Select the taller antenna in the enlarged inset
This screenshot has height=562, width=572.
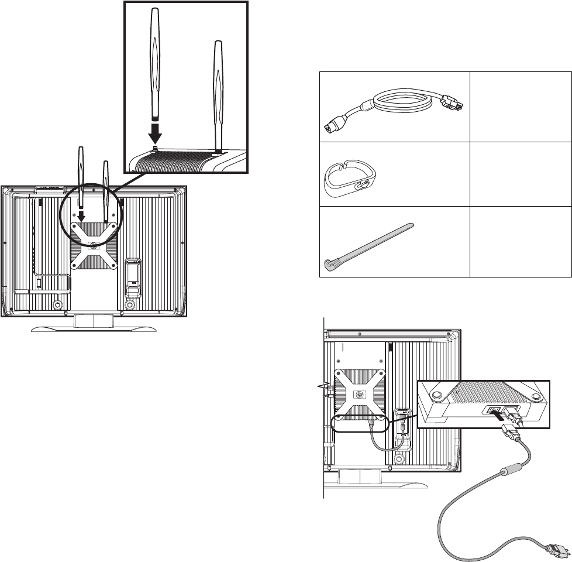tap(155, 64)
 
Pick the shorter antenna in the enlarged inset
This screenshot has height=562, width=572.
tap(218, 94)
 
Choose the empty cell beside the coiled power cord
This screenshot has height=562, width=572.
tap(520, 106)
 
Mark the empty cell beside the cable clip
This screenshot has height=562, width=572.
tap(520, 173)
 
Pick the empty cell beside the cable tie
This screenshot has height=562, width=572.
tap(520, 240)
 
